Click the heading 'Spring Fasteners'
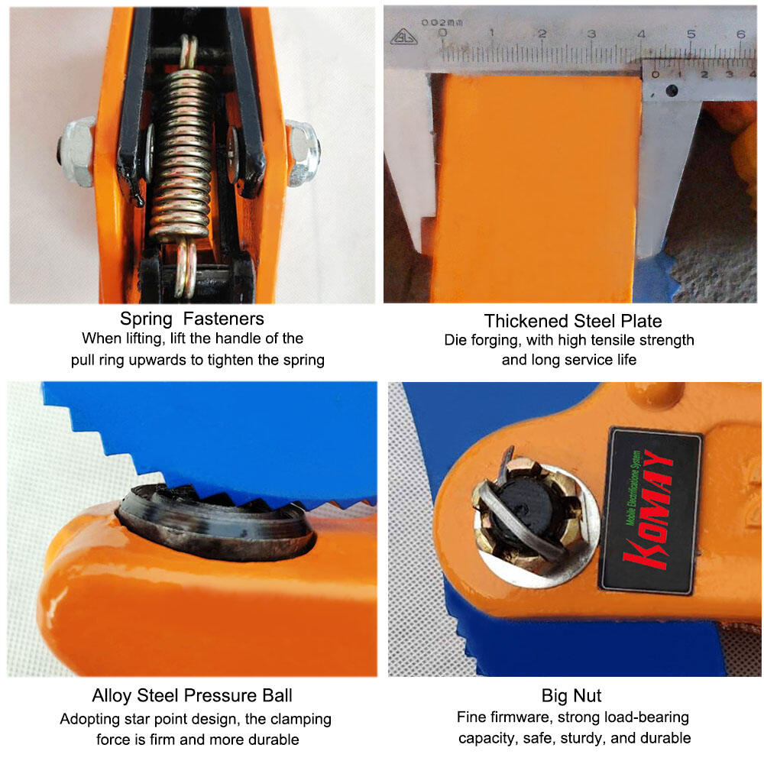point(192,319)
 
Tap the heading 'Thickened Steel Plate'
point(572,321)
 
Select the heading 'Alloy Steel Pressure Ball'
point(192,695)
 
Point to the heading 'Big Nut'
point(571,696)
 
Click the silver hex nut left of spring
point(77,151)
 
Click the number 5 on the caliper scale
point(691,34)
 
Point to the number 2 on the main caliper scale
point(542,34)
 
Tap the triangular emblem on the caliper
point(403,37)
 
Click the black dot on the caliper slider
point(672,90)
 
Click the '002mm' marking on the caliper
point(442,22)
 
